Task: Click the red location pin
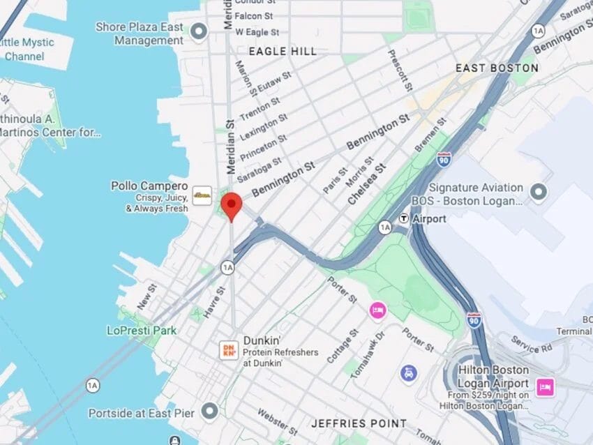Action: (x=231, y=206)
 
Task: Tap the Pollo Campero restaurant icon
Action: (x=202, y=196)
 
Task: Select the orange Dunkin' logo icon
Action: (x=229, y=350)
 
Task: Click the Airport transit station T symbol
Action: (x=404, y=218)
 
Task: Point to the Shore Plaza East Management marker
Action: (x=200, y=31)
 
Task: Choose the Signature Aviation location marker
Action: (x=539, y=191)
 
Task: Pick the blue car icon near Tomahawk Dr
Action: (x=409, y=374)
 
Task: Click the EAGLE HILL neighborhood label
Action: (x=283, y=52)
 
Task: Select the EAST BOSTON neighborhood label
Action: (x=497, y=68)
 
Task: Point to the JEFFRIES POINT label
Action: (x=359, y=423)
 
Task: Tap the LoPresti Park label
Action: (x=142, y=330)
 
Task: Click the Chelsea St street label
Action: (x=366, y=183)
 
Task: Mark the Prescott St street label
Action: (x=400, y=70)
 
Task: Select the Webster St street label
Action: (x=272, y=421)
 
